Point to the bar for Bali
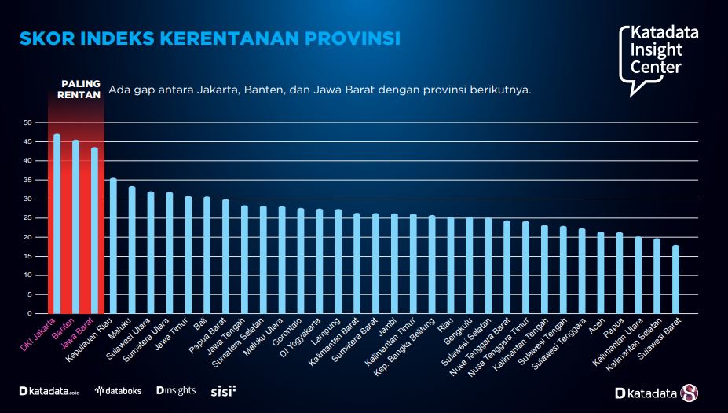click(207, 255)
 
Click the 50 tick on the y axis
click(27, 122)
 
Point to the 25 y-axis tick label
click(27, 218)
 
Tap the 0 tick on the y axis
click(30, 313)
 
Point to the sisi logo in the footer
click(223, 390)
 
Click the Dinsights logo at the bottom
click(176, 390)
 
